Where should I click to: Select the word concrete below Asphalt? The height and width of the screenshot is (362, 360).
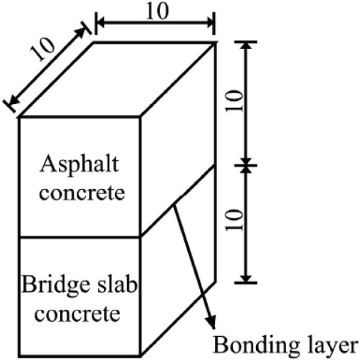(x=79, y=194)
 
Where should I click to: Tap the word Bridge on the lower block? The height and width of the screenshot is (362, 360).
(x=49, y=285)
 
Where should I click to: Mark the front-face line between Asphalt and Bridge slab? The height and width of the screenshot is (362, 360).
(x=79, y=237)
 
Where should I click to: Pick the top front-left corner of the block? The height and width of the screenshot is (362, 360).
(x=20, y=118)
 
